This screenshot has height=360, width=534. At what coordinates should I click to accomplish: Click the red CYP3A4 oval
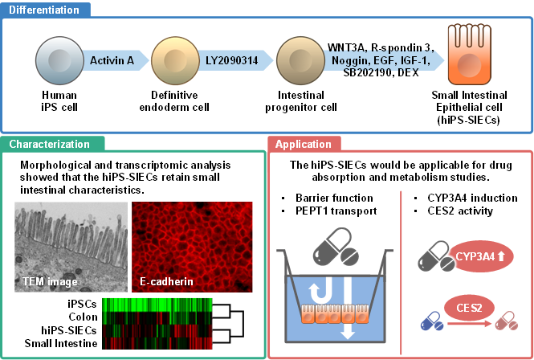click(x=476, y=257)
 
